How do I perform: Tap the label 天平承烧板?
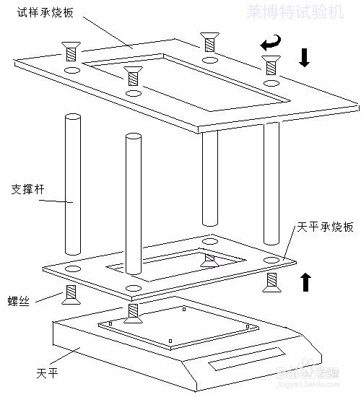[x=325, y=227]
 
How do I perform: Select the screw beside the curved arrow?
[x=271, y=65]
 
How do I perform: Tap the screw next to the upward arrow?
[x=271, y=283]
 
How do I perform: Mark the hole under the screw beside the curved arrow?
[x=271, y=84]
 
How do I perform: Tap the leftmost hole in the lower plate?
[x=73, y=268]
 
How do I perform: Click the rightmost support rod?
[x=271, y=183]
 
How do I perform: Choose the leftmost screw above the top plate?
[x=71, y=53]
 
